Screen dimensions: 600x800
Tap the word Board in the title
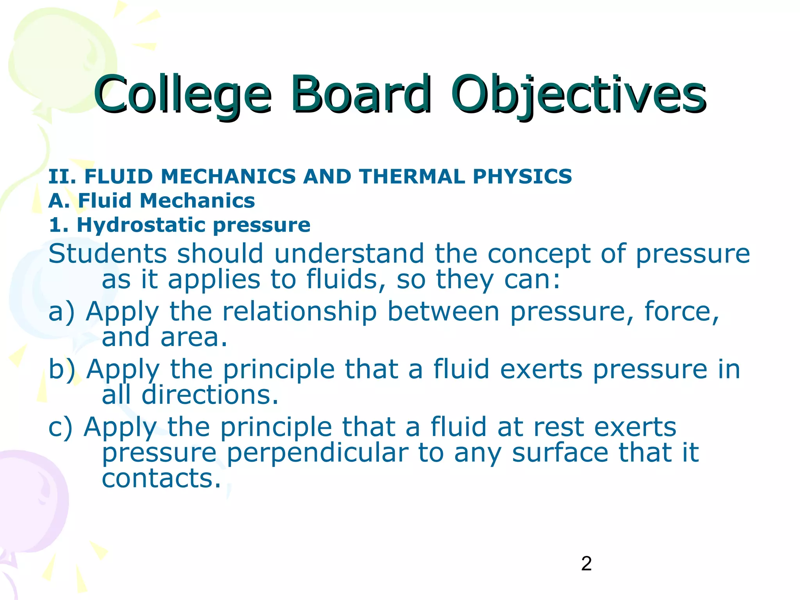point(361,95)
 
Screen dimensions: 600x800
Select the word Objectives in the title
point(578,95)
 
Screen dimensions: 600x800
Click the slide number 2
point(586,564)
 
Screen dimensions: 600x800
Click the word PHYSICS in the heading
point(522,177)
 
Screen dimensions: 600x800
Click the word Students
point(108,254)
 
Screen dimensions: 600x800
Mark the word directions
point(210,395)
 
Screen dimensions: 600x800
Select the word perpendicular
point(317,453)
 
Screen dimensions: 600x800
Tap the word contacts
point(161,478)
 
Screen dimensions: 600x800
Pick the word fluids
point(346,279)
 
